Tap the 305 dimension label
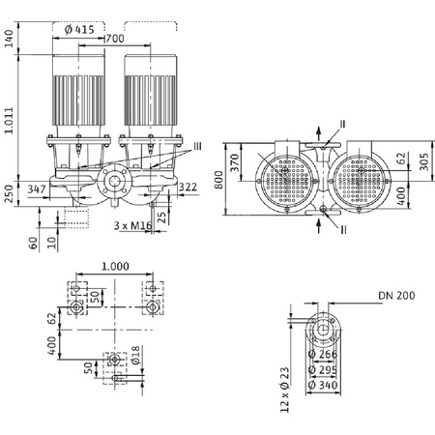[x=422, y=160]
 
